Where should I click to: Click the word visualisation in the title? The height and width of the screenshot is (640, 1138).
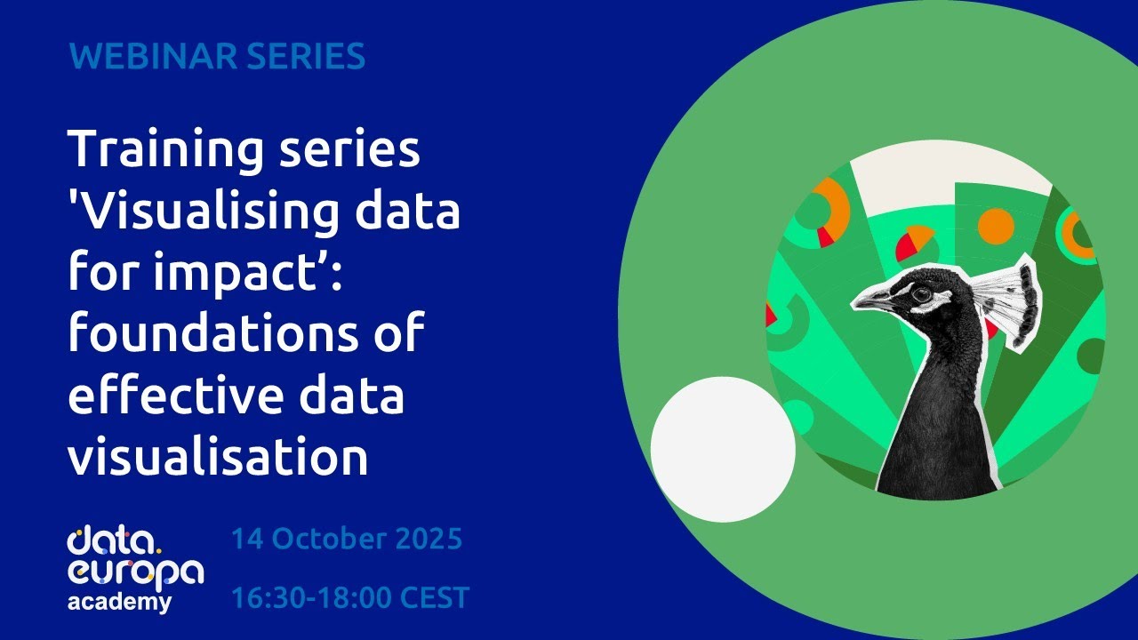click(x=218, y=458)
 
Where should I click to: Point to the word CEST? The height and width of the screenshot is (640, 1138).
click(x=434, y=598)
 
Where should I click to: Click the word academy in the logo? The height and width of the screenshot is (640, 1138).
click(x=120, y=602)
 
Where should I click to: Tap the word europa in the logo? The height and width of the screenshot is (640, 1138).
click(x=135, y=573)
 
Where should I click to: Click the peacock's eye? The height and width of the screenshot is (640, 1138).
click(x=921, y=292)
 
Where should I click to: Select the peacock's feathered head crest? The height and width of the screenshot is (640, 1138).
click(x=1009, y=298)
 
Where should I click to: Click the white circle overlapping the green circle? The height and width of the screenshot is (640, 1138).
click(x=723, y=449)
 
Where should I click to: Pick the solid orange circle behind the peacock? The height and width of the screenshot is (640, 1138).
click(x=996, y=226)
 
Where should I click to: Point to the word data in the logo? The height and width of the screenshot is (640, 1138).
click(x=113, y=540)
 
